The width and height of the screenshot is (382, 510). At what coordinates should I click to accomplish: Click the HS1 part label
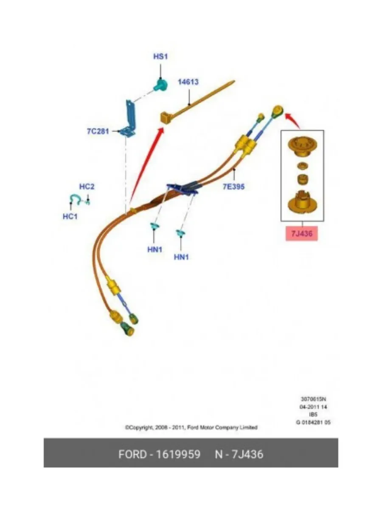(160, 57)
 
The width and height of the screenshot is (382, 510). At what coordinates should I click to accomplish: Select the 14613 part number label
(188, 82)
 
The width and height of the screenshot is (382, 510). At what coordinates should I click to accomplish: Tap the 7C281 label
(98, 131)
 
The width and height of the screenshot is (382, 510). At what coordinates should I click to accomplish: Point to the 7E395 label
(233, 186)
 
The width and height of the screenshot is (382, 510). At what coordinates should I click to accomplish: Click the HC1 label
(70, 216)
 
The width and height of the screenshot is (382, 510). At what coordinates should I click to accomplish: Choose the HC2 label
(87, 187)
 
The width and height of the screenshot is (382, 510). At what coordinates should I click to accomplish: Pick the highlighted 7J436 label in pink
(301, 233)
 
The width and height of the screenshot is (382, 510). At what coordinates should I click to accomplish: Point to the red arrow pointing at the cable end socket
(293, 120)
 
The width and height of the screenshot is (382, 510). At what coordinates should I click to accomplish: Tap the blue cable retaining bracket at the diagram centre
(183, 188)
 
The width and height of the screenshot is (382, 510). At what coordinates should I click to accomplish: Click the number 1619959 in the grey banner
(178, 454)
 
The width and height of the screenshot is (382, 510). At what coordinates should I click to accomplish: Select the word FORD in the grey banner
(132, 454)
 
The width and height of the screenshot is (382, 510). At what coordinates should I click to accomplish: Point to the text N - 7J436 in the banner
(239, 454)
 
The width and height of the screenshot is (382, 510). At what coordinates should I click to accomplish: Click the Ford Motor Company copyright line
(191, 427)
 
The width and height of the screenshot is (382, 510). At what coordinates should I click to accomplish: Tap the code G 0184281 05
(313, 422)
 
